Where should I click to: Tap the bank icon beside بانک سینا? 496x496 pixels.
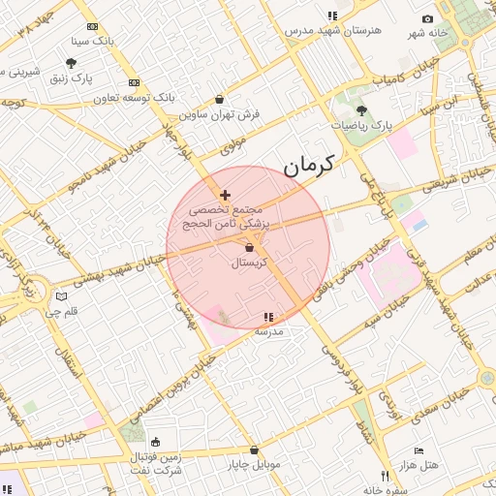tap(92, 27)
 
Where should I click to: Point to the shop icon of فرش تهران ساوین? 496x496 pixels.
tap(220, 99)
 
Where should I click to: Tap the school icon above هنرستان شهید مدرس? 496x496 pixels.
tap(332, 15)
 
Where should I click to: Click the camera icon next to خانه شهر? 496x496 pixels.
tap(427, 19)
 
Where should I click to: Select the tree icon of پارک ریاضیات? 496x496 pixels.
tap(362, 110)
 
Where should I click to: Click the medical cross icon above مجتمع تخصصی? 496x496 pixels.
tap(225, 196)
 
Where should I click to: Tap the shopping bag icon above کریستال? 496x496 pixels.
tap(250, 248)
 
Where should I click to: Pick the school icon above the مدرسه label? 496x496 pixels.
tap(268, 317)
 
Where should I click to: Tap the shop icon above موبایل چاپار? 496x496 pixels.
tap(254, 449)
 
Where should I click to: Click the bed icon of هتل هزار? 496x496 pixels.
tap(418, 450)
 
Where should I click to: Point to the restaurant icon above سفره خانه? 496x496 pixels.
tap(386, 476)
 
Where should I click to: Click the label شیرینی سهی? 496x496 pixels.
tap(21, 73)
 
